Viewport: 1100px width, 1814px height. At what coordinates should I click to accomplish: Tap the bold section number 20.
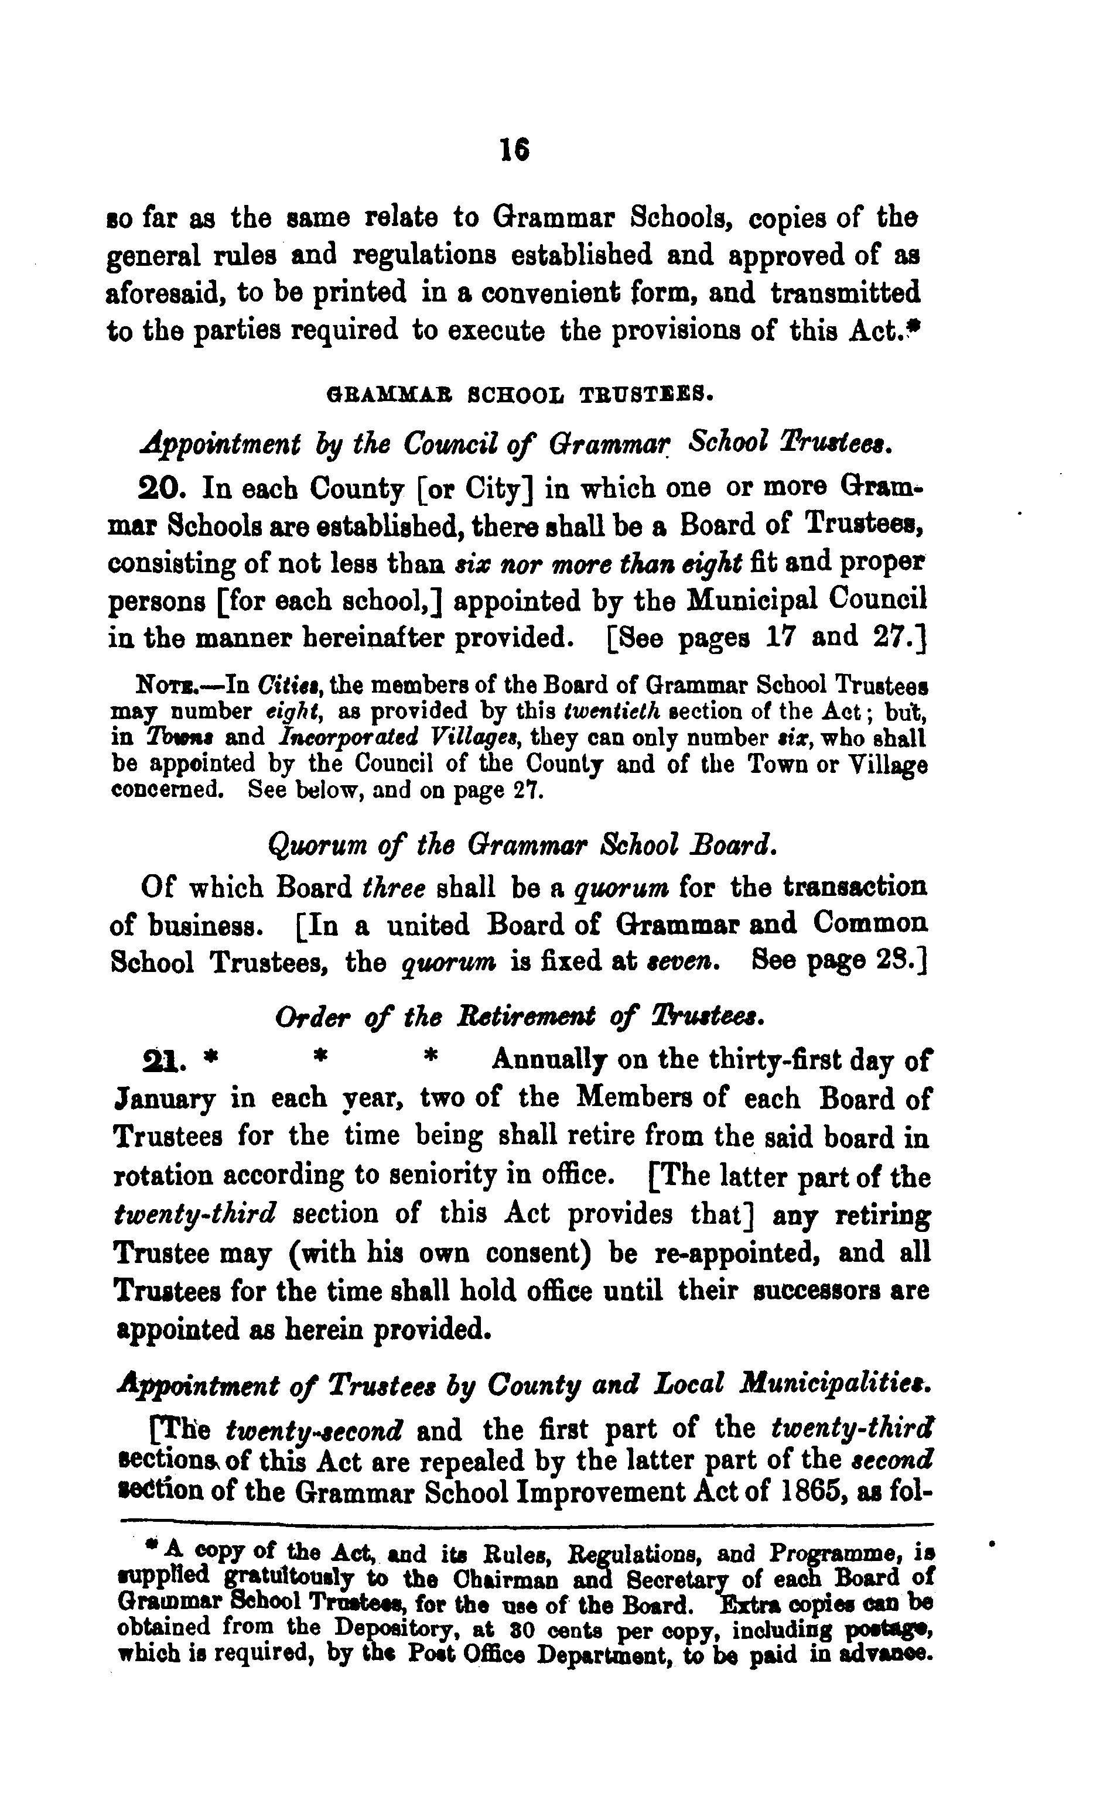[165, 487]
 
